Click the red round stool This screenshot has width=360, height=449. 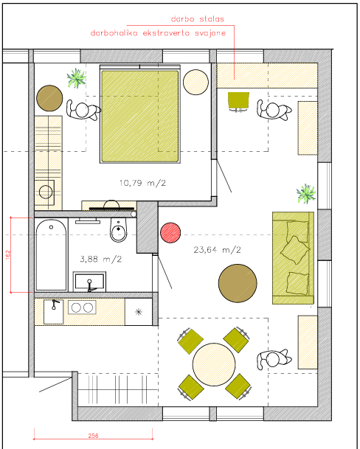(170, 233)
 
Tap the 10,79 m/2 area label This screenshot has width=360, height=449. (142, 183)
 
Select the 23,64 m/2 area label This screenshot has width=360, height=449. (217, 250)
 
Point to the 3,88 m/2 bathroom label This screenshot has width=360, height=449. (100, 259)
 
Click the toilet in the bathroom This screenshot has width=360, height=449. (118, 229)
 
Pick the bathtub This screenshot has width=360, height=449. (52, 255)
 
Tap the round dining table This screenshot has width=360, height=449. (214, 364)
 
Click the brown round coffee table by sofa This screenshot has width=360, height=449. (238, 283)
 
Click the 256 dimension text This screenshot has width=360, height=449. (93, 436)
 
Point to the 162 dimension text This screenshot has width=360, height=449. (7, 255)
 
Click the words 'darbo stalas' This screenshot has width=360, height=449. (197, 19)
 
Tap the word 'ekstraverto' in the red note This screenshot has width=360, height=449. (166, 33)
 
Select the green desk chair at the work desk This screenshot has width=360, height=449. (238, 101)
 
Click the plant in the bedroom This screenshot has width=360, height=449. (76, 78)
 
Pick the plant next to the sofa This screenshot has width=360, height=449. (306, 194)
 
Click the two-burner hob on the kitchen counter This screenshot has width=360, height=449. (82, 307)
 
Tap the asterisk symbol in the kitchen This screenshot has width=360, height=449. (139, 312)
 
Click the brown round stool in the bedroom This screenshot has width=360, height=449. (49, 98)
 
